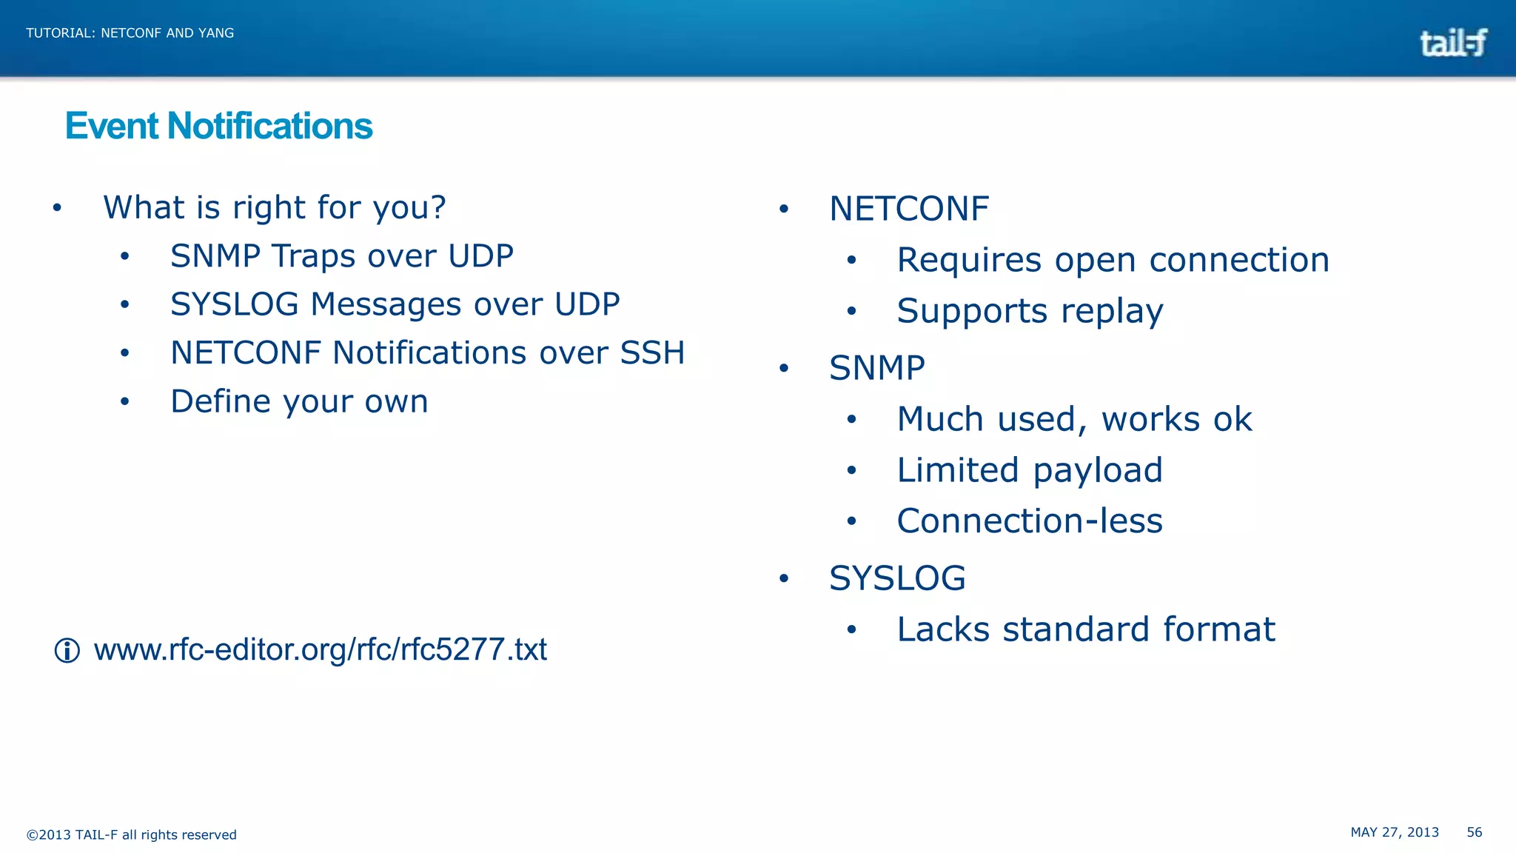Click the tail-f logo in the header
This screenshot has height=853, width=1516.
pos(1452,43)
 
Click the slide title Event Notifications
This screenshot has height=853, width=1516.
pos(218,126)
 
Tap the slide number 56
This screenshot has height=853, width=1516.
pos(1474,832)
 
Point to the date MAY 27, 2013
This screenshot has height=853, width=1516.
pos(1395,832)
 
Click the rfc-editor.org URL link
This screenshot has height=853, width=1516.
pos(320,649)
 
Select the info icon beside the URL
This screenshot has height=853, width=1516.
pos(67,651)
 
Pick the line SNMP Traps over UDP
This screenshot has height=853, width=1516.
pos(341,256)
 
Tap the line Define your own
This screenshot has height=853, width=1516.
pos(299,401)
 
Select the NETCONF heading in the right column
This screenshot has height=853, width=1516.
pos(908,209)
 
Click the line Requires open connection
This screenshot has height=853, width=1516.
pos(1113,260)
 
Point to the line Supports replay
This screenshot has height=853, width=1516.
pos(1030,311)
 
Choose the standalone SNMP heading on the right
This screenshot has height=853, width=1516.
pos(876,368)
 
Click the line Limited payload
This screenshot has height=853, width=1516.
pos(1030,470)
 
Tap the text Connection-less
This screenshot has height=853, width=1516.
pos(1030,521)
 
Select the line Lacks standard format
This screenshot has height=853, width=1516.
pos(1086,629)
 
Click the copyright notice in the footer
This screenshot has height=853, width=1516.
pos(132,834)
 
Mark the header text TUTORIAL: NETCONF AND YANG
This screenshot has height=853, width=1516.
pos(130,33)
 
